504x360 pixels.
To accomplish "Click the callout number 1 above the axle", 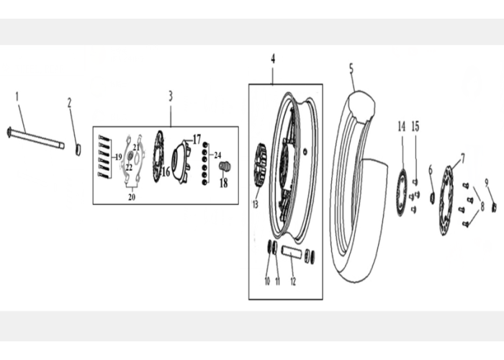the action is click(17, 96).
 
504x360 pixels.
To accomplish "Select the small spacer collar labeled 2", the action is click(78, 149).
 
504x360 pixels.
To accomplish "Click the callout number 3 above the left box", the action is click(171, 96).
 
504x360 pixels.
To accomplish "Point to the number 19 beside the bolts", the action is click(119, 157).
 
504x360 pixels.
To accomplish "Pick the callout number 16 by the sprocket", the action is click(166, 172).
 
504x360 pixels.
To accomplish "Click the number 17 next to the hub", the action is click(197, 140).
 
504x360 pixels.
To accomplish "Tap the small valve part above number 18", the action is click(224, 166).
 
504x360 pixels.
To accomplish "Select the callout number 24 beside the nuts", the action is click(217, 156).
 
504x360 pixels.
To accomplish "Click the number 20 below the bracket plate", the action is click(132, 197).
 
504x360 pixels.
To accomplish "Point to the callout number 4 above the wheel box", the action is click(273, 59).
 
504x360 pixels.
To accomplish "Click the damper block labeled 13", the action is click(260, 165).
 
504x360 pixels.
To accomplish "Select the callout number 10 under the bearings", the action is click(267, 282).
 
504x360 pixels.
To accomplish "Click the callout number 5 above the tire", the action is click(351, 69).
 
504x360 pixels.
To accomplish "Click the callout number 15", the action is click(415, 126).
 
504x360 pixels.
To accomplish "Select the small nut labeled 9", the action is click(495, 207).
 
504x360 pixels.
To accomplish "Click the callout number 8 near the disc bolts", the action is click(482, 207).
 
